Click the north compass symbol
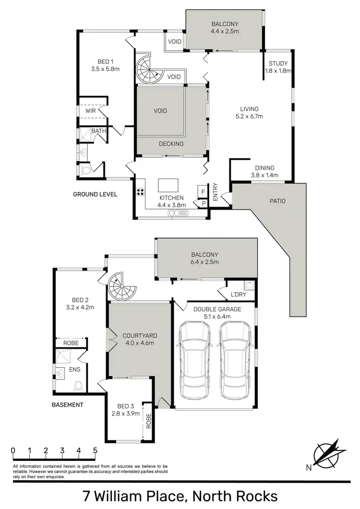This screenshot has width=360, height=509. pos(329,453)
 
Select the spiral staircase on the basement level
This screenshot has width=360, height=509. pos(121,287)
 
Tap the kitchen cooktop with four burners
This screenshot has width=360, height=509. pos(142,192)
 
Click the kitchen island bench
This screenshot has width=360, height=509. pos(168,185)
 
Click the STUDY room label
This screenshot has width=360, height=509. pos(278,63)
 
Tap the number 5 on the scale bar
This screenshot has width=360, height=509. pos(95,450)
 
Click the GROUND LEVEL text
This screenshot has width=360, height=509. pos(95,194)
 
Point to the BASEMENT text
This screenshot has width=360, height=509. pos(68,405)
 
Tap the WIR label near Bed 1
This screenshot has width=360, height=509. pos(91,110)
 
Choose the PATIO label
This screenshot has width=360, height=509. pos(277,201)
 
